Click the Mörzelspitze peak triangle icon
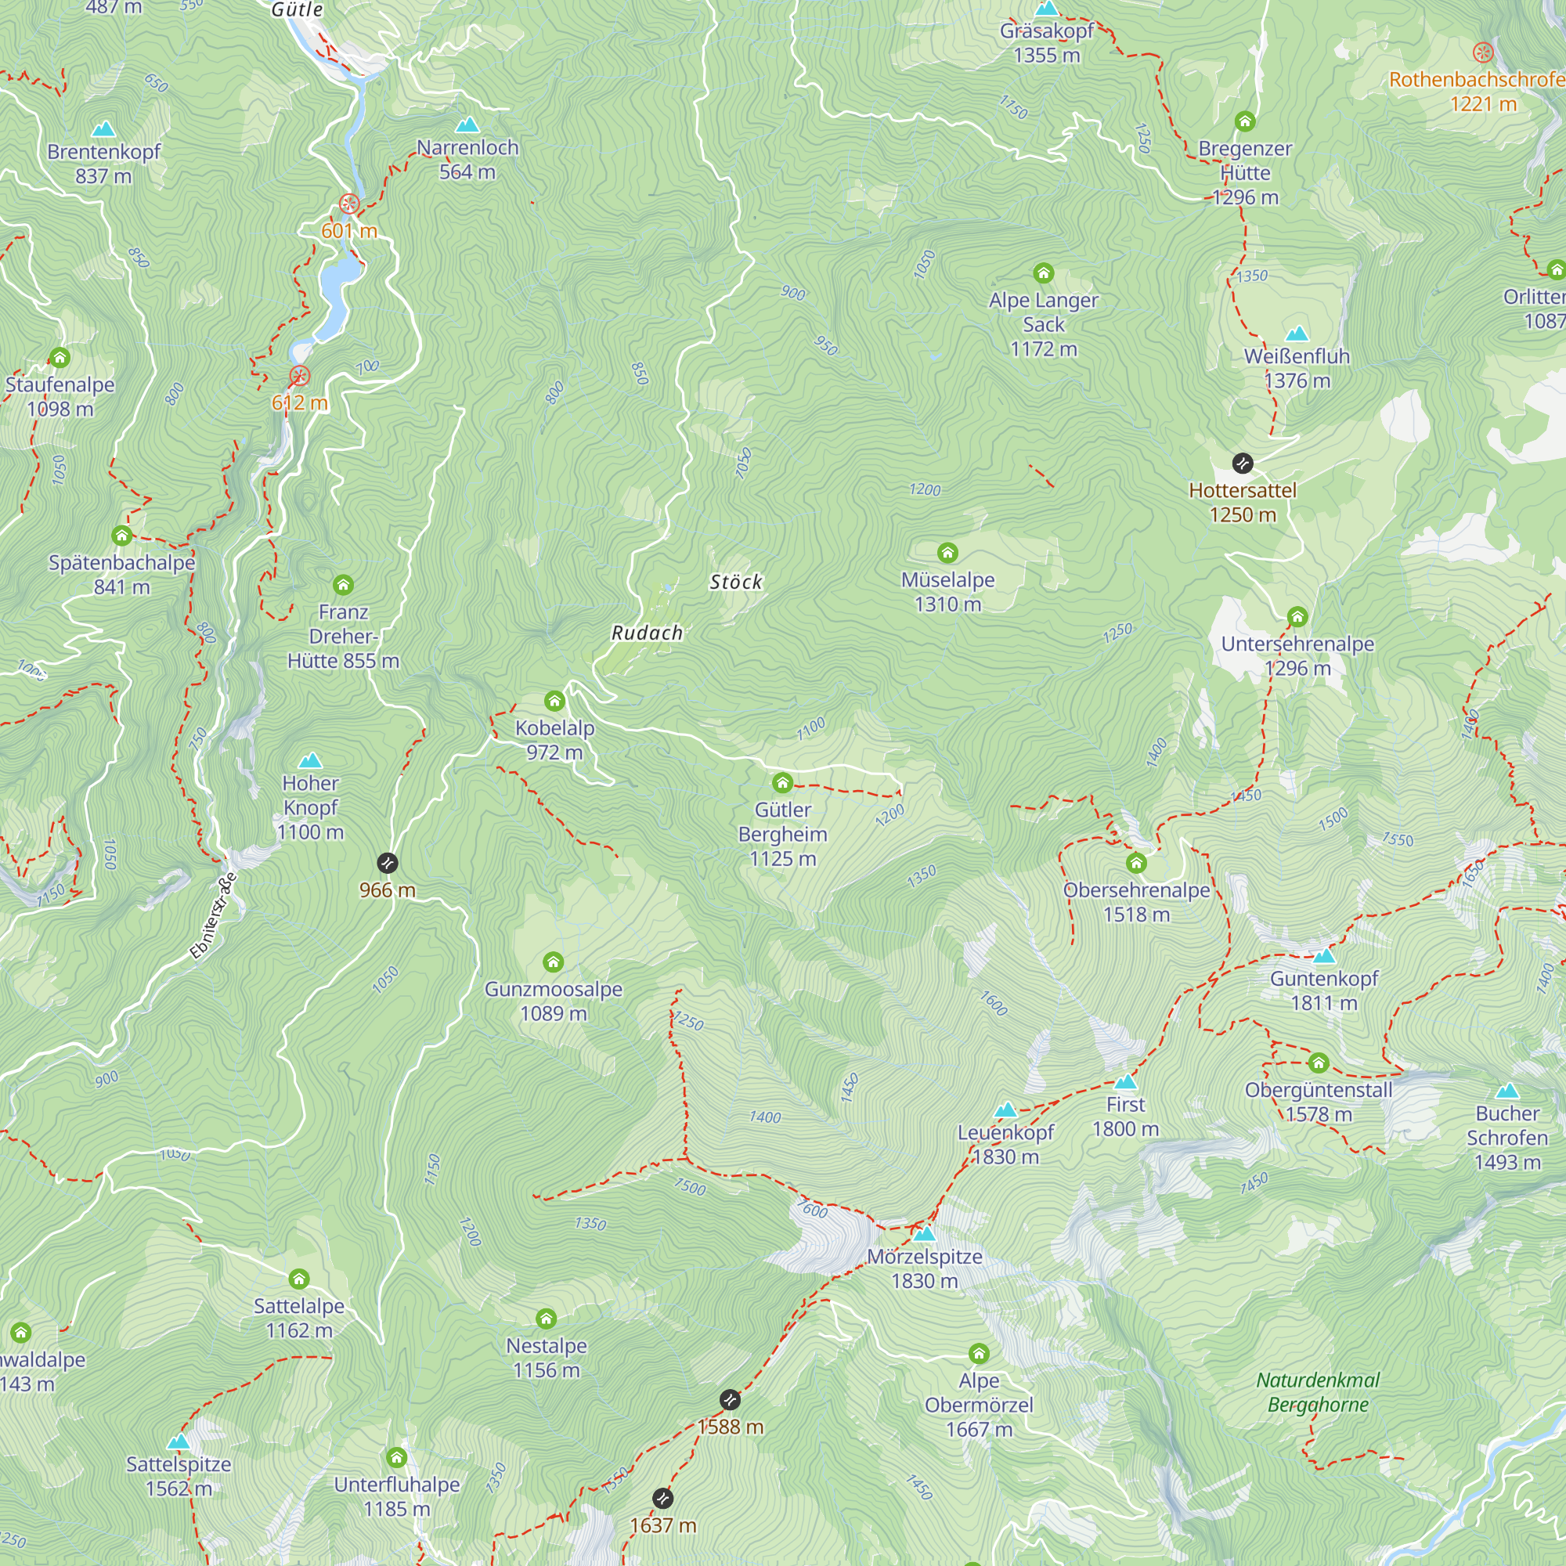(x=924, y=1234)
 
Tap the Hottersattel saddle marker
(x=1243, y=463)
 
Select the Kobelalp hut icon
(x=554, y=700)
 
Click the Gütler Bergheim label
(x=782, y=834)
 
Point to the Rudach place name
(x=647, y=633)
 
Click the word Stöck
(x=736, y=582)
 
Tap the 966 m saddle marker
(x=388, y=862)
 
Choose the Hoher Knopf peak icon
(x=310, y=760)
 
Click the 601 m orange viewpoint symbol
(x=349, y=204)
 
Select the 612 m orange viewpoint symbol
(x=300, y=376)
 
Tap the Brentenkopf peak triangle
(x=103, y=129)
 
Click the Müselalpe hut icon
(x=947, y=553)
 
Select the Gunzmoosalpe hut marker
(x=554, y=962)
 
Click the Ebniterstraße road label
(x=213, y=916)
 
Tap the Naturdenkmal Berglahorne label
(x=1318, y=1391)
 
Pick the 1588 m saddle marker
(x=731, y=1400)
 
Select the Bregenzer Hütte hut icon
(x=1245, y=121)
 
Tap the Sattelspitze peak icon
(x=179, y=1442)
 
